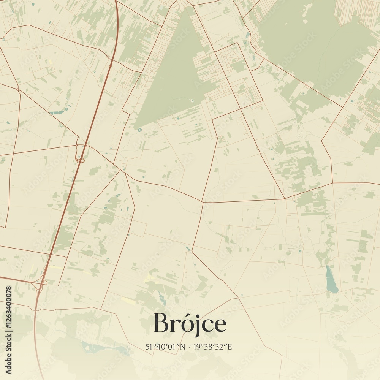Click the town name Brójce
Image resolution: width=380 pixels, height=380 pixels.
click(190, 324)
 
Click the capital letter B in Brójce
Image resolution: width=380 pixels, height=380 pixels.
click(161, 323)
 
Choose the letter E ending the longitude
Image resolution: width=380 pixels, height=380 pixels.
click(230, 347)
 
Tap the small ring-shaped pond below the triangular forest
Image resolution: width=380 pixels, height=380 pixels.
click(140, 130)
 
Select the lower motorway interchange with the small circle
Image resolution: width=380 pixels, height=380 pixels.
click(44, 283)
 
